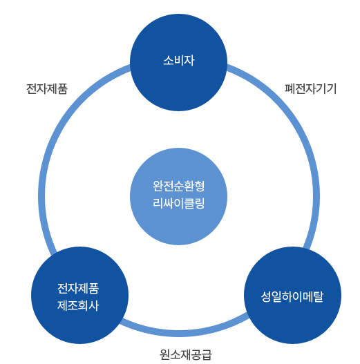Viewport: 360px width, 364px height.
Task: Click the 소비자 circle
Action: coord(178,62)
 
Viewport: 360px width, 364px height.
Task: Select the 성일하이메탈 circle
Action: coord(292,295)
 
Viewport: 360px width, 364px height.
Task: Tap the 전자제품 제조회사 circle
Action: coord(79,295)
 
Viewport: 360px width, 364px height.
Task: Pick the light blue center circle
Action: coord(178,196)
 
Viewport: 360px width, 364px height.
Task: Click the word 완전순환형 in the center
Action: coord(178,186)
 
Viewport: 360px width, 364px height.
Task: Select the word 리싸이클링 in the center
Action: coord(178,203)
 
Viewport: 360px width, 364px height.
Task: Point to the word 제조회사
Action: coord(78,305)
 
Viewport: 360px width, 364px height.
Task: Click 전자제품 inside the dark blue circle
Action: coord(78,288)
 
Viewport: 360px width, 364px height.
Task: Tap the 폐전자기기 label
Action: coord(310,88)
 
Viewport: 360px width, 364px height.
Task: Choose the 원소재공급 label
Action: coord(186,354)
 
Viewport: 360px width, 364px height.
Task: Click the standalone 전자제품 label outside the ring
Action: coord(47,88)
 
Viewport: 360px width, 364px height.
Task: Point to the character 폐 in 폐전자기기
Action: coord(290,88)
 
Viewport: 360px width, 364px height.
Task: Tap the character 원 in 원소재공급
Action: coord(165,354)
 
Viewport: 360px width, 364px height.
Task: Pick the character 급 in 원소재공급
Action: coord(207,354)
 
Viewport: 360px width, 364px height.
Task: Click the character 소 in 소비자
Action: coord(169,60)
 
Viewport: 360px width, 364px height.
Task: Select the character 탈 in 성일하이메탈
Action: coord(318,296)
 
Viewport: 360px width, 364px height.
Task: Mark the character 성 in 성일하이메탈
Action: coord(266,296)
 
